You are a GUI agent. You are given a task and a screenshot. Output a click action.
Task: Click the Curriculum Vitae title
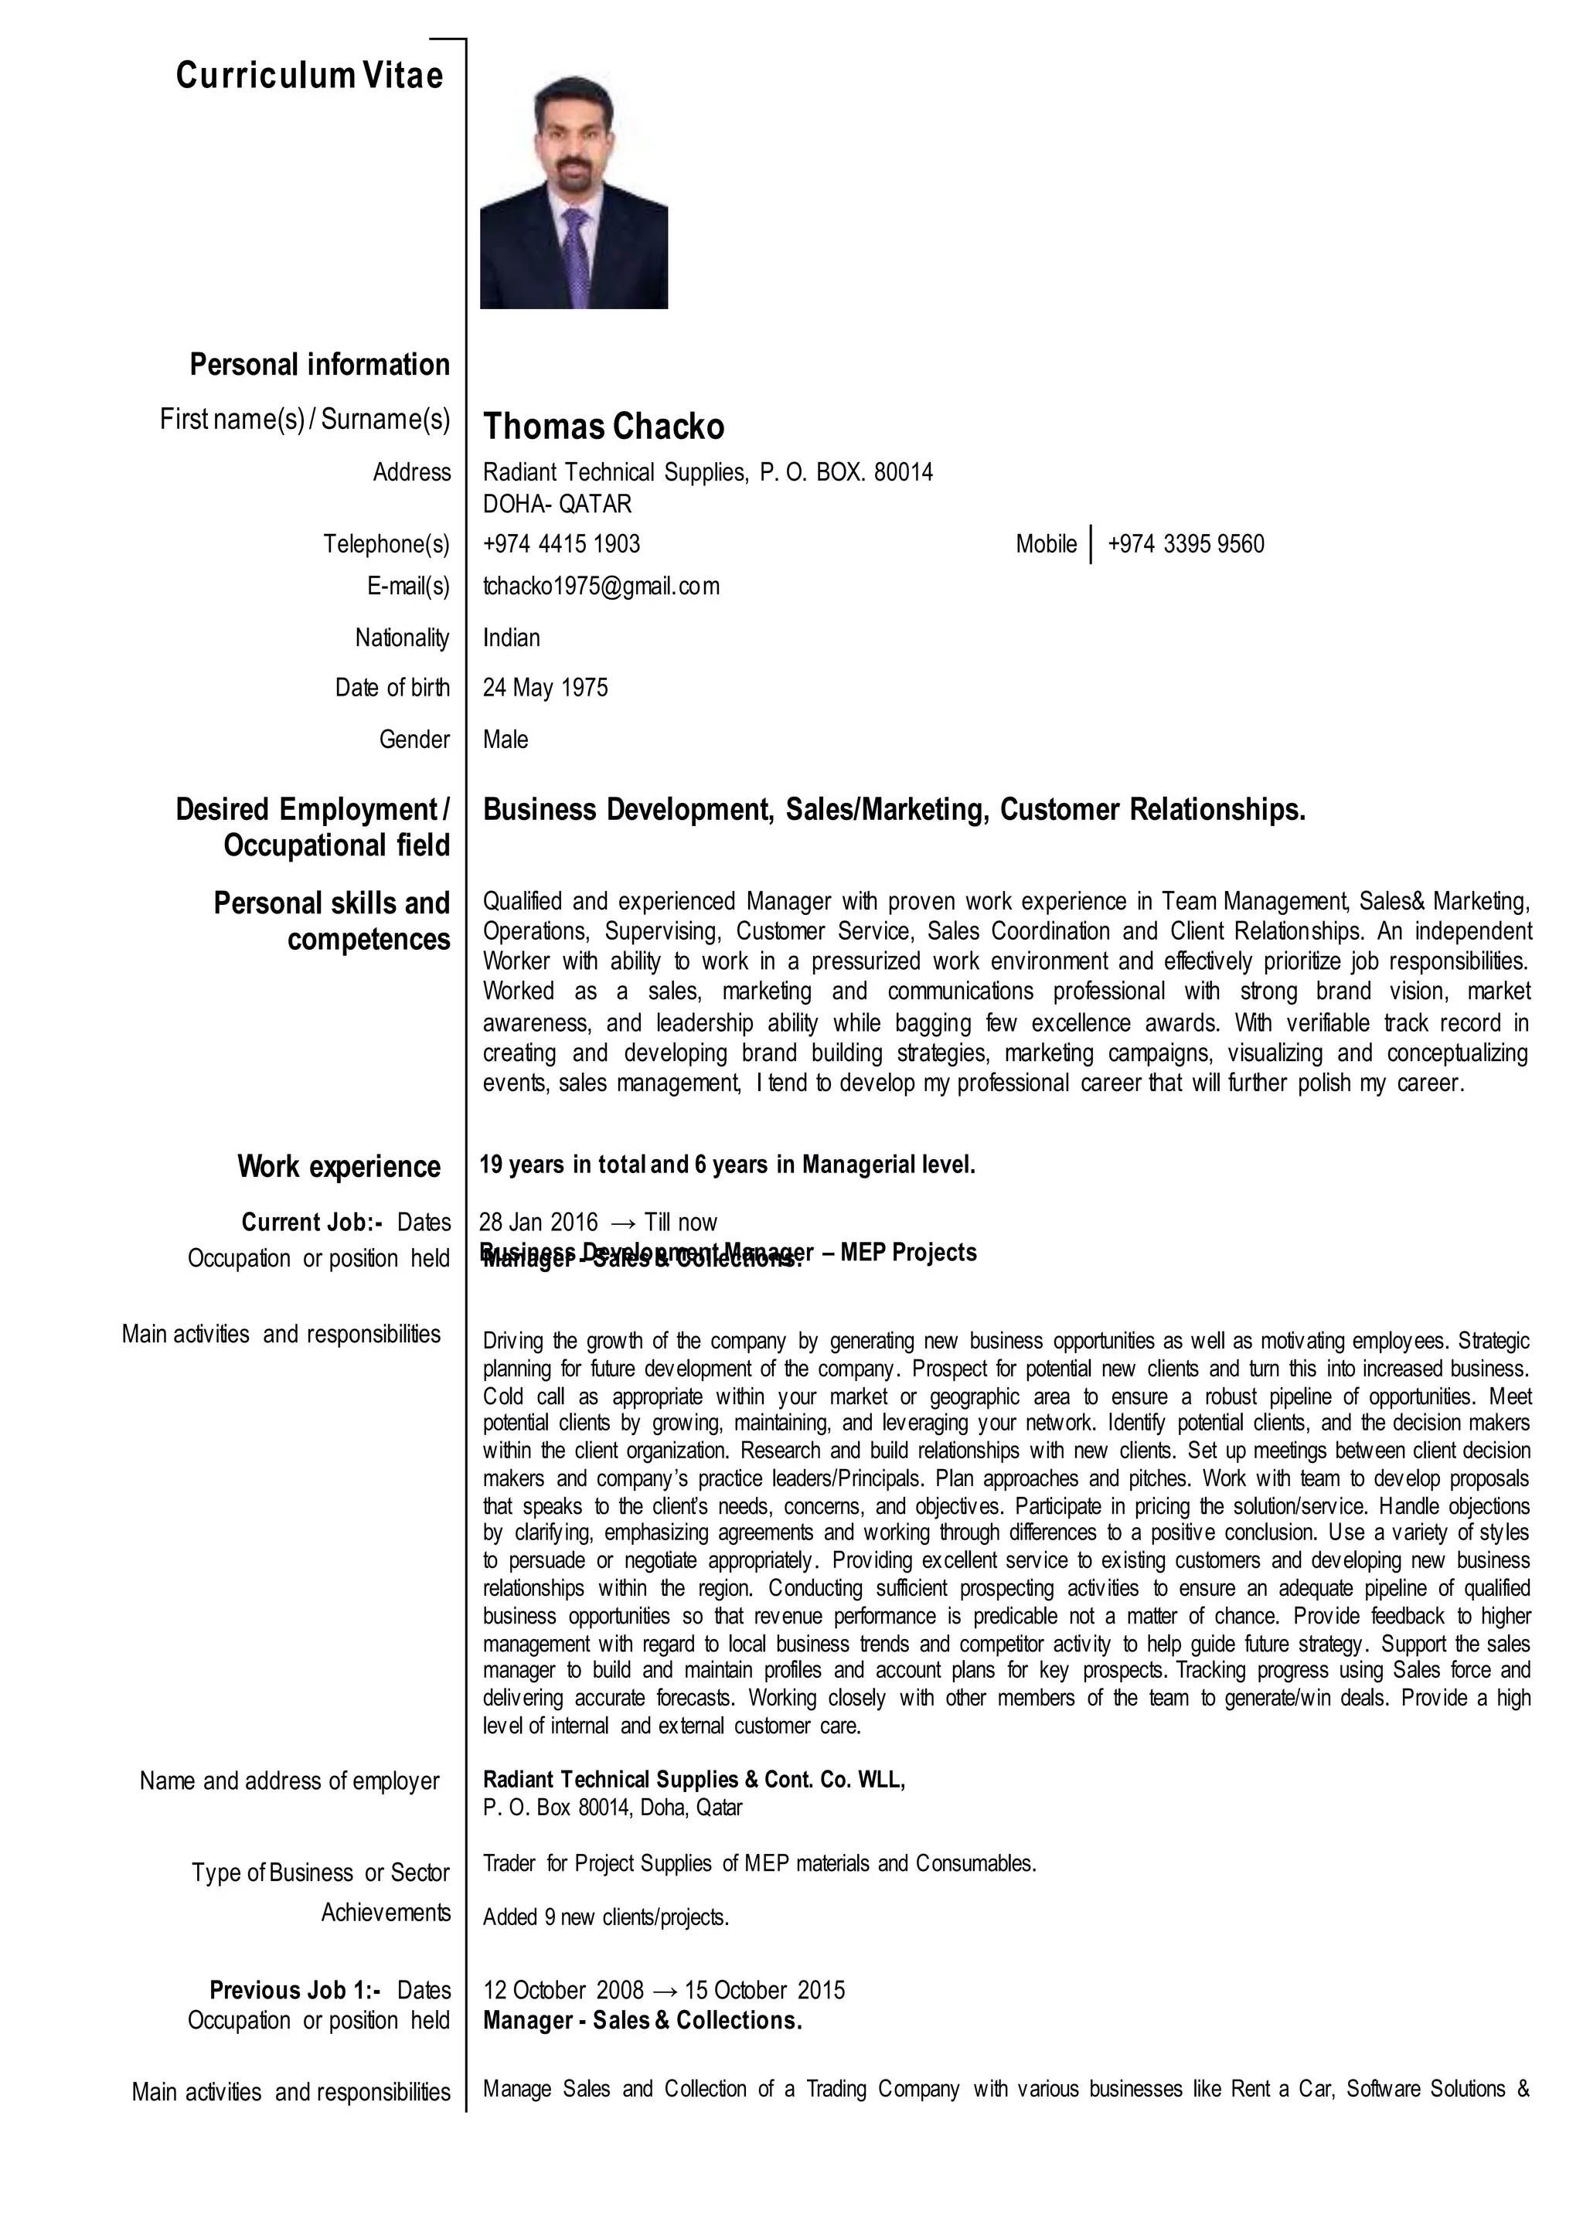(309, 75)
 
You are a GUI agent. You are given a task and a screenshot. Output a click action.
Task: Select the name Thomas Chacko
(604, 426)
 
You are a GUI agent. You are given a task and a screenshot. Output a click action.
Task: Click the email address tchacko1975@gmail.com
(601, 586)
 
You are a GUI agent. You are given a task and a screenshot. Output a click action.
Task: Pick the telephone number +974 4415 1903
(561, 544)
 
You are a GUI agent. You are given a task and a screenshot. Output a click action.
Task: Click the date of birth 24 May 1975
(545, 688)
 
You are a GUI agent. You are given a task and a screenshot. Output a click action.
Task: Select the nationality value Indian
(511, 638)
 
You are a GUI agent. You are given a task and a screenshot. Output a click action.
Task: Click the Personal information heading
(320, 365)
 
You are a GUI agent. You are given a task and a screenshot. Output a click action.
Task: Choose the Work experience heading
(339, 1167)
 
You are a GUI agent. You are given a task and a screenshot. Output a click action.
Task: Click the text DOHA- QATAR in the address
(557, 504)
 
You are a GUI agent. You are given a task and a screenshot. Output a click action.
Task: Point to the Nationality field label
(402, 638)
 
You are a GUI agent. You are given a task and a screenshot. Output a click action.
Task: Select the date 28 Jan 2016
(538, 1223)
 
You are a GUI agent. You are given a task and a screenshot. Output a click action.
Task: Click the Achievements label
(386, 1913)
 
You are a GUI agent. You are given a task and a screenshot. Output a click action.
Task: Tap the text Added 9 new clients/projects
(605, 1917)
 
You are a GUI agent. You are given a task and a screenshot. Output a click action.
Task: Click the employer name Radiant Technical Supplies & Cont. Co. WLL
(693, 1780)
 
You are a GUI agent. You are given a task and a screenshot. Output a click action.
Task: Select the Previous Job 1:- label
(295, 1991)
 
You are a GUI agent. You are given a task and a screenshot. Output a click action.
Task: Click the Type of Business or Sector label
(320, 1872)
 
